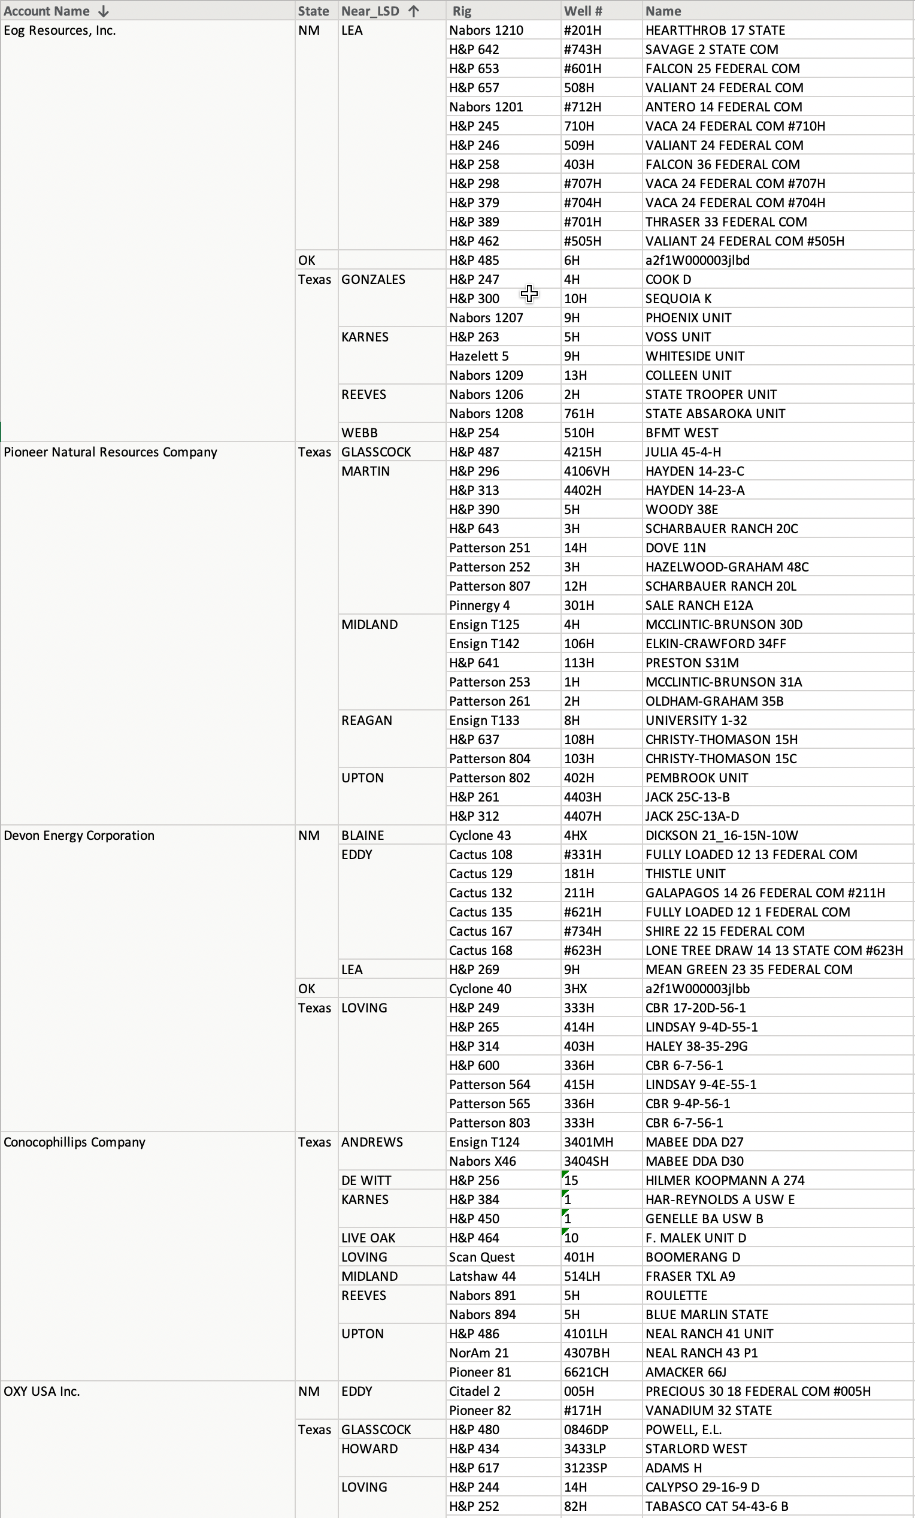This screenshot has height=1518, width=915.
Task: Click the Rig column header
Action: pos(462,11)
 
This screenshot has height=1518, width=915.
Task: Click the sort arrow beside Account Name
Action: pos(104,11)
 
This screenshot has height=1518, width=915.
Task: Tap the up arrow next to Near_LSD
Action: pos(414,11)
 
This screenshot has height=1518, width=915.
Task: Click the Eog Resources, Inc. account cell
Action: pos(60,30)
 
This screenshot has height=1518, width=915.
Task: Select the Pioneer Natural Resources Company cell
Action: pos(111,452)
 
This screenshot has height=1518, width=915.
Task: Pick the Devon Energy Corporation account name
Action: pos(79,836)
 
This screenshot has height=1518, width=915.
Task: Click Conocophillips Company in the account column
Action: pos(74,1142)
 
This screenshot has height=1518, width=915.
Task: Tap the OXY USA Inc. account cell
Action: pos(42,1391)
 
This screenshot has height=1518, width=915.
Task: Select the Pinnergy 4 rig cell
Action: pos(479,605)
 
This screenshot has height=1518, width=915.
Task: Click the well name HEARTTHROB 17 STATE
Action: pos(715,30)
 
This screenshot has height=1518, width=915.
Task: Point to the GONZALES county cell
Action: pos(373,280)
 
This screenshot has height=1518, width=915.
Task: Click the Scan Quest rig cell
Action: pos(481,1257)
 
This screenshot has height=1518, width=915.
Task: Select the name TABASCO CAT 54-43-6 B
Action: pos(717,1506)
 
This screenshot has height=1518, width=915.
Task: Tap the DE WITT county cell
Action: pos(366,1180)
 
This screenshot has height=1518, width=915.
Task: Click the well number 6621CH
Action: pos(586,1372)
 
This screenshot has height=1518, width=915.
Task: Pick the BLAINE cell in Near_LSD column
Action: pos(363,836)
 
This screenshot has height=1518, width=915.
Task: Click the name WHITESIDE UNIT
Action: pos(695,356)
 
